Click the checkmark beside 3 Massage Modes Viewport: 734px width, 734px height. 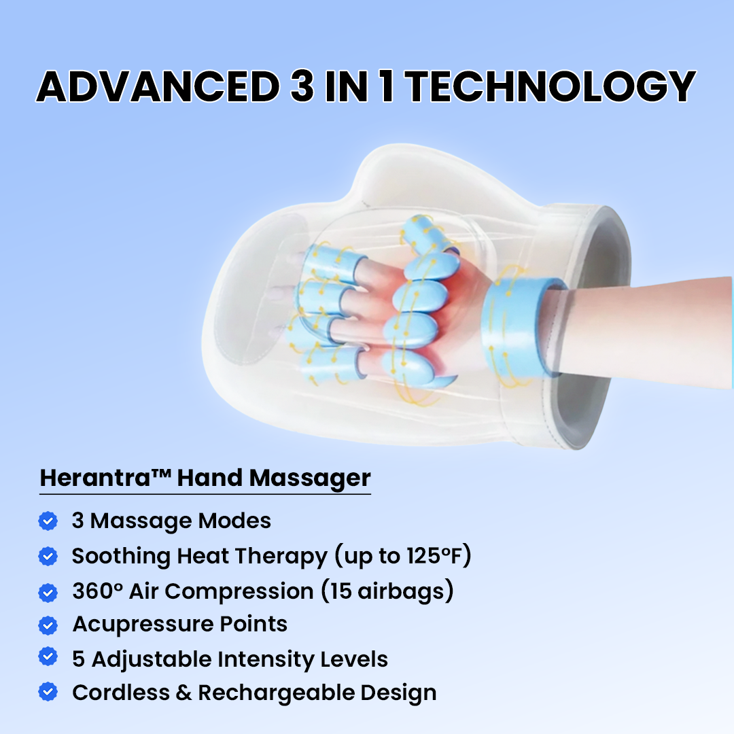point(48,521)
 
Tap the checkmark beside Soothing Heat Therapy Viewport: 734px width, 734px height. point(48,556)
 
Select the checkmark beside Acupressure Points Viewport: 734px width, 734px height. point(48,624)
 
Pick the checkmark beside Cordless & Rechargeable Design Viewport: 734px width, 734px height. point(48,693)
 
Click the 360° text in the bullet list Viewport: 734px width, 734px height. point(99,590)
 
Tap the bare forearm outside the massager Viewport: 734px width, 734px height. point(652,319)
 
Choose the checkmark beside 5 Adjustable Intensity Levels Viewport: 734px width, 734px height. point(48,658)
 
